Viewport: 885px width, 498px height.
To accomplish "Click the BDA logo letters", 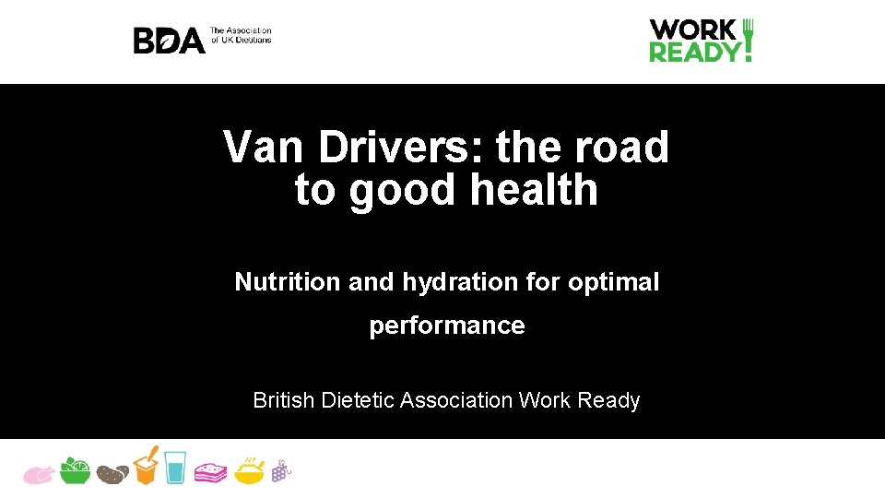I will coord(169,41).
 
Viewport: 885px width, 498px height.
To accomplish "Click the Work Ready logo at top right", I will coord(701,41).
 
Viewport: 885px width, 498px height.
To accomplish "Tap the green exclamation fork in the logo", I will coord(748,41).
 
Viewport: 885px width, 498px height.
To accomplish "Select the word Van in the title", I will coord(264,147).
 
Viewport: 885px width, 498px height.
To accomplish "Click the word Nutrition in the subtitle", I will coord(288,282).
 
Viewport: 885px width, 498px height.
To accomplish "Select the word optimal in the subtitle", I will coord(613,282).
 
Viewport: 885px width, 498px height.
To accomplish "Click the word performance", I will coord(447,326).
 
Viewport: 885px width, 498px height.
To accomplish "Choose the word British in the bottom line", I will coord(284,400).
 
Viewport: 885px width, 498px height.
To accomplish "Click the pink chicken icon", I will coord(39,473).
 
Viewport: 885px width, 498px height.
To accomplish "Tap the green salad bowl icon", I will coord(75,470).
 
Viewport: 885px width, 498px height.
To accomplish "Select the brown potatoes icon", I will coord(112,473).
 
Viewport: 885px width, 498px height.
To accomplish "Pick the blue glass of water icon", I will coord(175,468).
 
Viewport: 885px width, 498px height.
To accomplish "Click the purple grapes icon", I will coord(280,470).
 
